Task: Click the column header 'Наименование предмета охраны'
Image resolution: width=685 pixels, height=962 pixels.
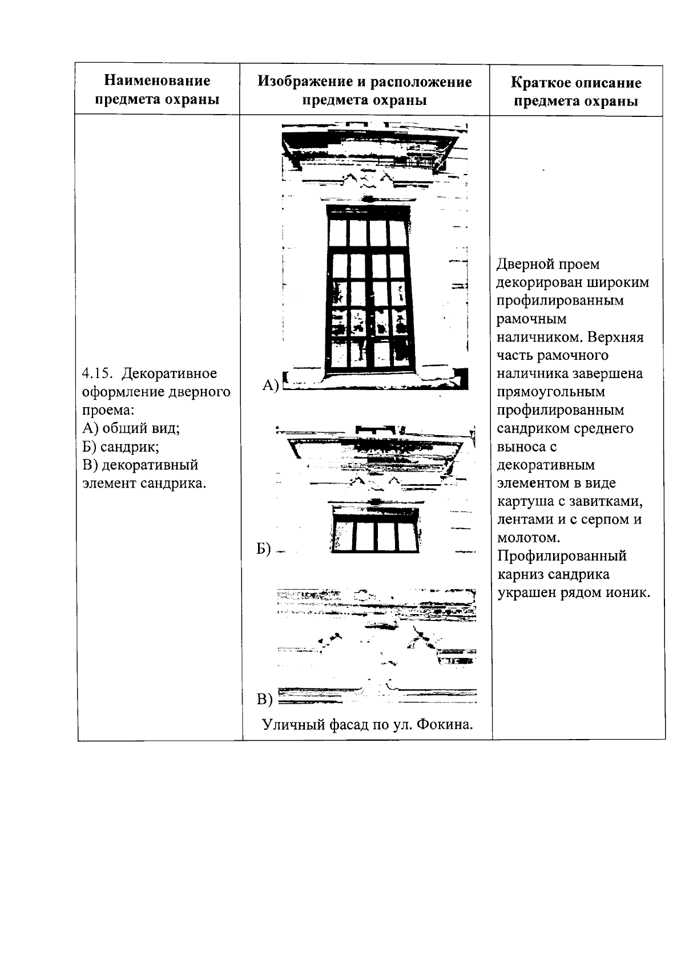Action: (x=157, y=90)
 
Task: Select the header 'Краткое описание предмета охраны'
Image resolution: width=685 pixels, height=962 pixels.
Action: (x=575, y=92)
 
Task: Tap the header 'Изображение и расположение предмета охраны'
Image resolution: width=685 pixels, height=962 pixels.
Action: (x=364, y=91)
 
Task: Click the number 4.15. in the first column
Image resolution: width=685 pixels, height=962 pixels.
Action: (x=98, y=374)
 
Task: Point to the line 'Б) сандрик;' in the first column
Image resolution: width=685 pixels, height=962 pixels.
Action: (x=120, y=447)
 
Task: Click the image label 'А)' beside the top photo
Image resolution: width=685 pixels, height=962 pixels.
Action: (x=269, y=386)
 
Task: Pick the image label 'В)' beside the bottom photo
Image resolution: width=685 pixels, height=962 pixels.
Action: (x=265, y=699)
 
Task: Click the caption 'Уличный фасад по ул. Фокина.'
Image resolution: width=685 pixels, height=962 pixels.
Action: (x=368, y=725)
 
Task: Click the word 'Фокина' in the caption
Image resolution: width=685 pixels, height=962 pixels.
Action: (x=445, y=725)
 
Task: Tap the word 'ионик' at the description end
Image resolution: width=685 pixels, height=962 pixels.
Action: (x=630, y=593)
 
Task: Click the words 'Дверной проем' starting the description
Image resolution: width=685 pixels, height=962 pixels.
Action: (x=548, y=265)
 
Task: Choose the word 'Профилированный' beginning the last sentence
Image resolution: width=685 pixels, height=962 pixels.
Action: (x=562, y=556)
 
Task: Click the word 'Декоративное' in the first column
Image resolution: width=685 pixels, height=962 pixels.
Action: (x=170, y=374)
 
